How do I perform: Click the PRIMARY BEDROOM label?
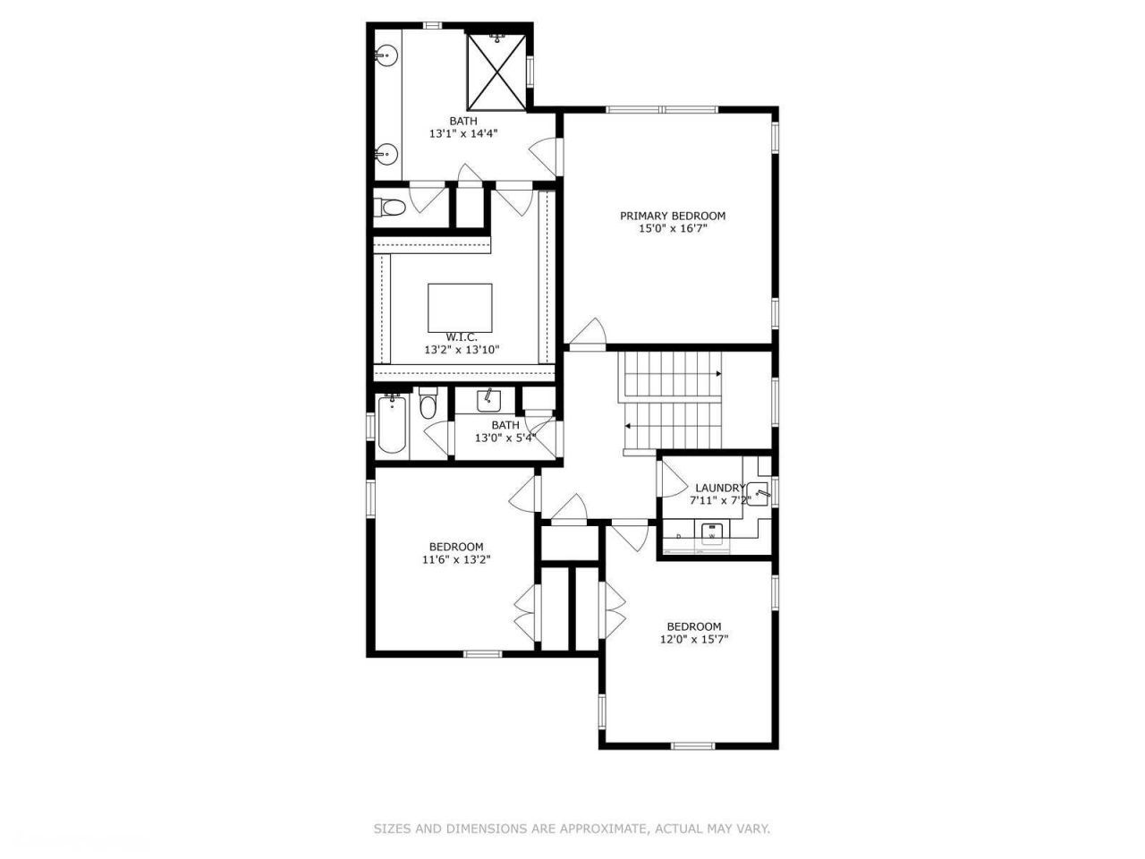pyautogui.click(x=673, y=216)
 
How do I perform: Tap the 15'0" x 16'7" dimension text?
pyautogui.click(x=673, y=229)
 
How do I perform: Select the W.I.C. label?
pyautogui.click(x=462, y=336)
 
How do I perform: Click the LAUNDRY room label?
pyautogui.click(x=720, y=488)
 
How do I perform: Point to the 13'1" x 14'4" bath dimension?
pyautogui.click(x=462, y=133)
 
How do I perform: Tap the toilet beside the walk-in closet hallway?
pyautogui.click(x=391, y=208)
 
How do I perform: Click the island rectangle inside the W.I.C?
pyautogui.click(x=460, y=307)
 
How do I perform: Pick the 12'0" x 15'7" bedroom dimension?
pyautogui.click(x=694, y=640)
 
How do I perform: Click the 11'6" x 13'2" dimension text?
pyautogui.click(x=456, y=560)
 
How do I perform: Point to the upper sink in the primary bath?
pyautogui.click(x=386, y=55)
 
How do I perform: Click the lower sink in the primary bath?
pyautogui.click(x=386, y=155)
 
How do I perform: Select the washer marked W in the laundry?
pyautogui.click(x=712, y=533)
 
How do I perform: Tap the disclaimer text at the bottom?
pyautogui.click(x=572, y=829)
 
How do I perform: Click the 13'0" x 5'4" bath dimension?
pyautogui.click(x=505, y=438)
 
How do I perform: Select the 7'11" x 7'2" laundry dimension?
pyautogui.click(x=720, y=501)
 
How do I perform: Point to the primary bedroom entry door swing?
pyautogui.click(x=587, y=333)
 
